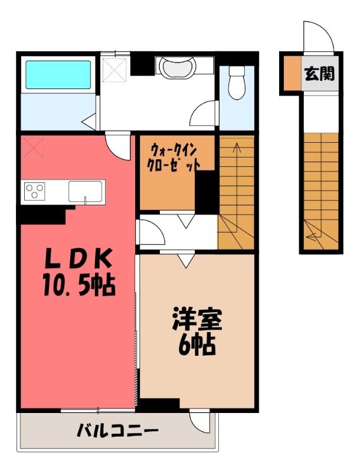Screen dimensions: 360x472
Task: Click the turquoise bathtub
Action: click(x=58, y=75)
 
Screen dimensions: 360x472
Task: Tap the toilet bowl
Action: click(x=237, y=83)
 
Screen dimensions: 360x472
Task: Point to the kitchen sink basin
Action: click(x=85, y=191)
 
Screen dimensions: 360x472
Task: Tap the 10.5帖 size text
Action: click(x=79, y=285)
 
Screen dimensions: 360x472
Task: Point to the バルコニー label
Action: click(x=117, y=431)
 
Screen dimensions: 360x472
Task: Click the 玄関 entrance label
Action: click(x=319, y=73)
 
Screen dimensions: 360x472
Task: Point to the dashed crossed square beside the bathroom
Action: click(x=114, y=70)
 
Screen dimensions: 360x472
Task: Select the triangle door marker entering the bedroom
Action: click(x=186, y=260)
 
